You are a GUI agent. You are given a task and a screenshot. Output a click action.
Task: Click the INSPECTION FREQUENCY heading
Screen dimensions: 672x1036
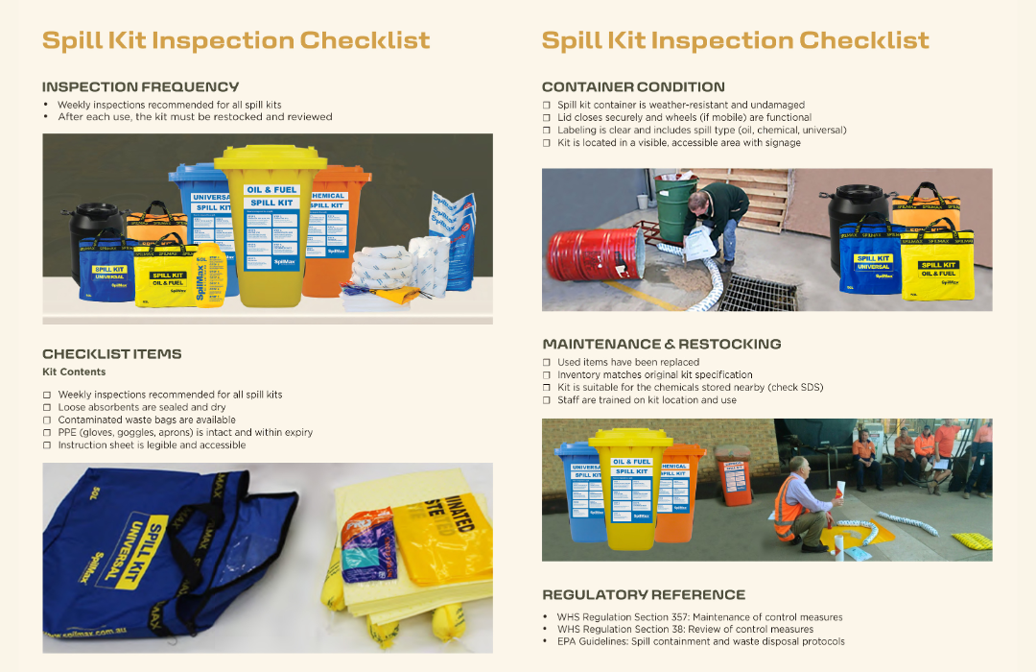[x=140, y=86]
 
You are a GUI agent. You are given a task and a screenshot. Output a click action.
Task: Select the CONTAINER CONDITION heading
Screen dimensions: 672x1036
[x=633, y=86]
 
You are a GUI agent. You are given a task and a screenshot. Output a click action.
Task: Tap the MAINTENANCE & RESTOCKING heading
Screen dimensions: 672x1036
[x=661, y=344]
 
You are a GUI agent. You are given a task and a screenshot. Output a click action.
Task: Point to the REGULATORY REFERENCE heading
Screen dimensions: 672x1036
[x=643, y=594]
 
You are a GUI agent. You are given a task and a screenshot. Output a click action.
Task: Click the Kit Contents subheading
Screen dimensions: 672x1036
[x=74, y=372]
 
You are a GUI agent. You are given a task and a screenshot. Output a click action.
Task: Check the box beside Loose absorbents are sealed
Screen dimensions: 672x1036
[x=47, y=408]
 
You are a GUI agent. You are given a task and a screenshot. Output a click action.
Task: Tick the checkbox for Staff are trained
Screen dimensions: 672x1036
[x=547, y=400]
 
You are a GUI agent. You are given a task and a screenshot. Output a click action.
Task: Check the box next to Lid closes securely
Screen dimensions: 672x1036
[x=547, y=118]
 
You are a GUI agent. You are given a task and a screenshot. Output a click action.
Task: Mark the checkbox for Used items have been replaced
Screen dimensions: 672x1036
[x=547, y=363]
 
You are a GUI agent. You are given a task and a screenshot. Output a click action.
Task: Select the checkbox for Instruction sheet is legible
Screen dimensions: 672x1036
[x=47, y=445]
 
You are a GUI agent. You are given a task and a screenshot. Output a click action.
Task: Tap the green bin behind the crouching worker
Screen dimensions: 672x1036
[x=675, y=208]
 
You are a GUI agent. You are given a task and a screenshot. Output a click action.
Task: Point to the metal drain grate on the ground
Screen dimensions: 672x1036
[x=758, y=292]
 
